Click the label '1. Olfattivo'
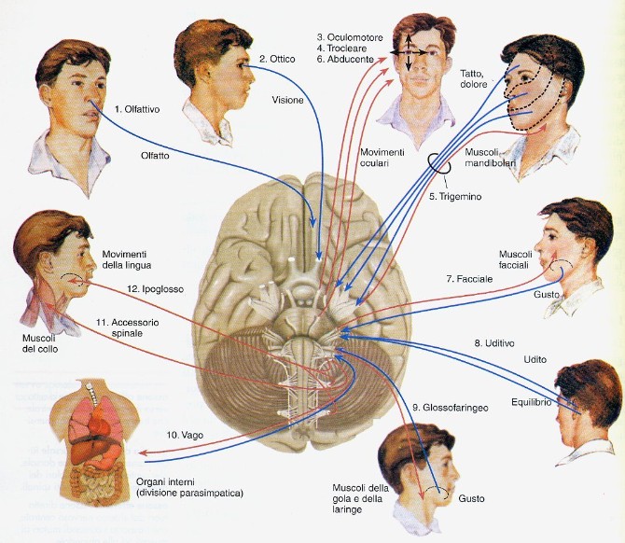point(137,109)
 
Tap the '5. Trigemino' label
point(453,196)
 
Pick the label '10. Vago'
point(184,435)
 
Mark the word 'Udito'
point(535,362)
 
